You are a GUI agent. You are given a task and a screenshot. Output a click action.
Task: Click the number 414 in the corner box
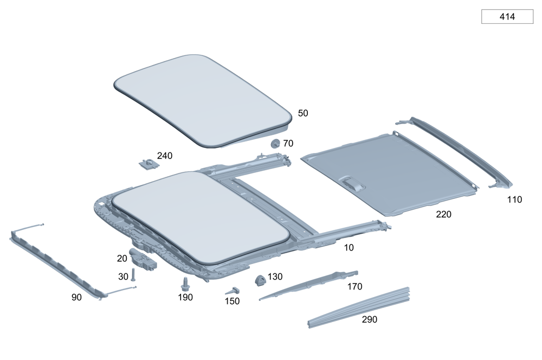point(507,17)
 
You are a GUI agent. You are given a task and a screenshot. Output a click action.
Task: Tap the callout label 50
point(303,113)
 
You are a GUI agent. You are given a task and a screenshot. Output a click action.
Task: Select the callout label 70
point(288,144)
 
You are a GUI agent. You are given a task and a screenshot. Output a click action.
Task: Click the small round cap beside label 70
point(275,144)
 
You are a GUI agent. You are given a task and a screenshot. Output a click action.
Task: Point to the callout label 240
point(164,156)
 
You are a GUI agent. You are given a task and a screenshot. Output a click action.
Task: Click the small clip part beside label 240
point(145,162)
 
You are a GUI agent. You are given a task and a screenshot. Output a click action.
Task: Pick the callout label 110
point(514,200)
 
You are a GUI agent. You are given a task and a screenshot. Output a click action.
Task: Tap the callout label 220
point(443,215)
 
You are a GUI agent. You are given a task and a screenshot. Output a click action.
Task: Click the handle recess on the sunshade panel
point(353,183)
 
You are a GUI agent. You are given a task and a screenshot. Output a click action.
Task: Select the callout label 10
point(349,247)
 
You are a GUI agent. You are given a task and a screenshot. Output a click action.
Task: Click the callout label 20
point(122,258)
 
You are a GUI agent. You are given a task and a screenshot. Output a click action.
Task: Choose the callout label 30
point(123,277)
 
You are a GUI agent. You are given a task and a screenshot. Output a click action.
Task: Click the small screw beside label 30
point(133,275)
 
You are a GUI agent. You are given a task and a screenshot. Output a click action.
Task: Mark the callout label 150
point(232,301)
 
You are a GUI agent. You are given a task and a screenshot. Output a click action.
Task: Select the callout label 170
point(354,287)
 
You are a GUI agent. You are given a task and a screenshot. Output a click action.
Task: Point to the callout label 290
point(370,319)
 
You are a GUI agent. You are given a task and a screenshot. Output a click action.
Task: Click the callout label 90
point(77,297)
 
